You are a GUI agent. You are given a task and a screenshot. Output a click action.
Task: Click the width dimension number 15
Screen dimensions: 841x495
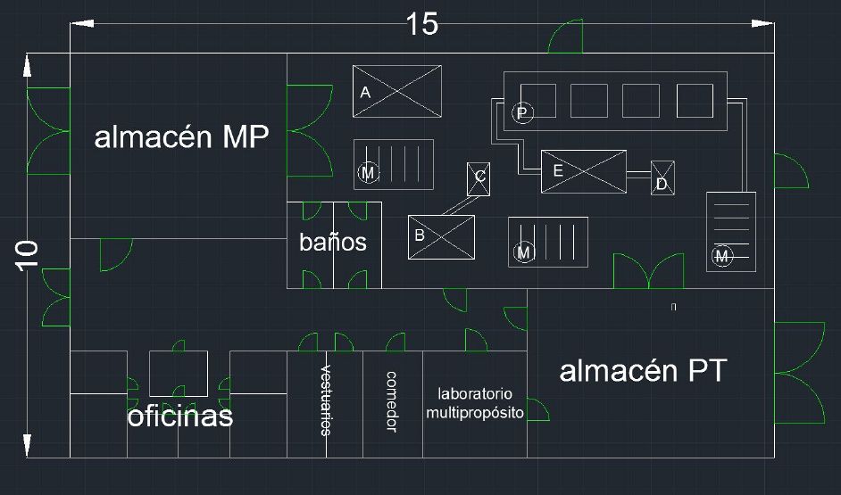click(x=422, y=24)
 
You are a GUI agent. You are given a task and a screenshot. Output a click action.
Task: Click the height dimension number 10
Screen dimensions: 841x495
click(x=27, y=256)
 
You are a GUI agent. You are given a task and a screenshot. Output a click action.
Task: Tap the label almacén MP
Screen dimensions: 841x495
click(x=181, y=137)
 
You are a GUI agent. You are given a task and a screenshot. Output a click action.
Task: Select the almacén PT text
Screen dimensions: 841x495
click(x=643, y=371)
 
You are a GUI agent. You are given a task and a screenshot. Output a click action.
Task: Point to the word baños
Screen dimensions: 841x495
click(x=333, y=242)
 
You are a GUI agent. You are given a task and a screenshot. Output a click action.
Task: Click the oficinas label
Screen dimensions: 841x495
click(x=180, y=417)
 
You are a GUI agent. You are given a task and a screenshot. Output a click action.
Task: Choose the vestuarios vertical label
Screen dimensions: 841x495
click(x=326, y=400)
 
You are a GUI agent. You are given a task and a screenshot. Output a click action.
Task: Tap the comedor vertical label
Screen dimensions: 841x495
click(x=392, y=401)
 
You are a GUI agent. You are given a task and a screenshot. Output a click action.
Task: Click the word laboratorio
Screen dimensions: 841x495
click(x=475, y=393)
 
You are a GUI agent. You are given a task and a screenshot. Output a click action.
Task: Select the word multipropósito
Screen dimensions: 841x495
click(x=475, y=413)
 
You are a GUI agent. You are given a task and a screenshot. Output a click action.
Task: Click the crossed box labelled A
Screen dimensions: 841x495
click(x=397, y=91)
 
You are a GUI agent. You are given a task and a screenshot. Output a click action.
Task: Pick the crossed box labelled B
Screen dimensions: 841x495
click(x=441, y=236)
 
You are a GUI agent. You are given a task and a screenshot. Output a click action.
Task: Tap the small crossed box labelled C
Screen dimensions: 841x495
click(x=479, y=179)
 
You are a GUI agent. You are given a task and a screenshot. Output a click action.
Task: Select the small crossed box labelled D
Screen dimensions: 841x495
click(x=663, y=177)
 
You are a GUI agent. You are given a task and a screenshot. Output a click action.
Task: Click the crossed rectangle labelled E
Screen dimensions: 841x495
click(x=584, y=171)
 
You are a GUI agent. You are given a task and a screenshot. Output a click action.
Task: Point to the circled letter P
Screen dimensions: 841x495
click(x=522, y=113)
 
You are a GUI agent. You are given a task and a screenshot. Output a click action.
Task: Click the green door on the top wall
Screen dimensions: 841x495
click(x=565, y=37)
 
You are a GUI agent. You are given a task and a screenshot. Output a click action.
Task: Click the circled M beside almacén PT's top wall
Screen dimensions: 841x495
click(x=722, y=256)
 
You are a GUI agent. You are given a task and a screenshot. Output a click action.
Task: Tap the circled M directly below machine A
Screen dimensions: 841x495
click(x=368, y=172)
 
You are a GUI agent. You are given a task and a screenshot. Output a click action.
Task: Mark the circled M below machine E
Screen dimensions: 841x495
click(x=524, y=252)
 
